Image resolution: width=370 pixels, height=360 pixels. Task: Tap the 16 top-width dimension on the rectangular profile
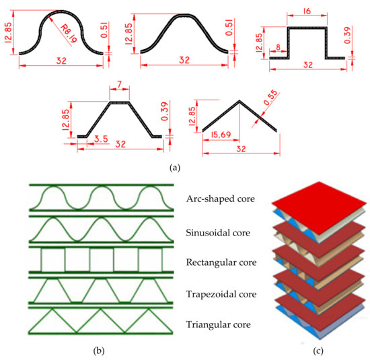point(307,11)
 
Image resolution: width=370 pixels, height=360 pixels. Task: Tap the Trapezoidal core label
point(221,293)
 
